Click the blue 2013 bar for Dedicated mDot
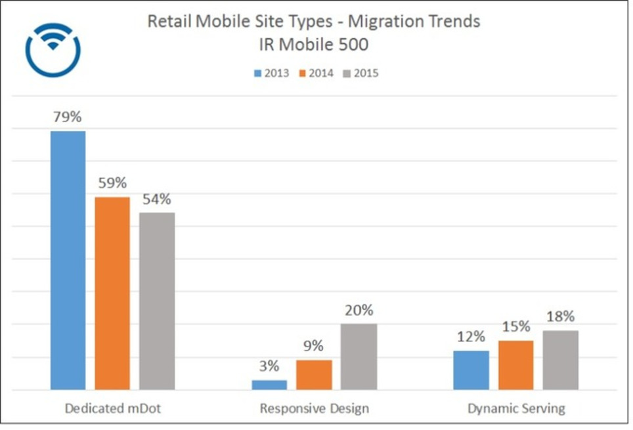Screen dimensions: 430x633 (68, 260)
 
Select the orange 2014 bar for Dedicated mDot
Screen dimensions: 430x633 (112, 293)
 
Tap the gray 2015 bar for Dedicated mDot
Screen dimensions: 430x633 (157, 301)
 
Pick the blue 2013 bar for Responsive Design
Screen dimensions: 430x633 (269, 385)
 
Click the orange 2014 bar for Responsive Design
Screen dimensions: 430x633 (314, 375)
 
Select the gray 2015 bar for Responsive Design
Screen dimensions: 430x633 (359, 356)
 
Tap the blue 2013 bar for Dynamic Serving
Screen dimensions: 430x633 (471, 370)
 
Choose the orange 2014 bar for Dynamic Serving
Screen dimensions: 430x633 (515, 365)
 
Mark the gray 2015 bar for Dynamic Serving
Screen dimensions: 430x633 (560, 360)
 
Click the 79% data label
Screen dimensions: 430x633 (68, 118)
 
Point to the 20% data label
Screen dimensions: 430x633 (359, 310)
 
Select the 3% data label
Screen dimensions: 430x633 (269, 366)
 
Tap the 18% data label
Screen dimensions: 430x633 (560, 316)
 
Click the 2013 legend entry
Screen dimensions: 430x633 (272, 73)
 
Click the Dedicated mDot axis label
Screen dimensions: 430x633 (113, 408)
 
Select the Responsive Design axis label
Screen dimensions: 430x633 (314, 408)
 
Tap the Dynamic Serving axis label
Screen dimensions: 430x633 (516, 408)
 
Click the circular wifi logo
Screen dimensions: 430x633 (53, 49)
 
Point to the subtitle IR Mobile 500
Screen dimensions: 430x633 (314, 45)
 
